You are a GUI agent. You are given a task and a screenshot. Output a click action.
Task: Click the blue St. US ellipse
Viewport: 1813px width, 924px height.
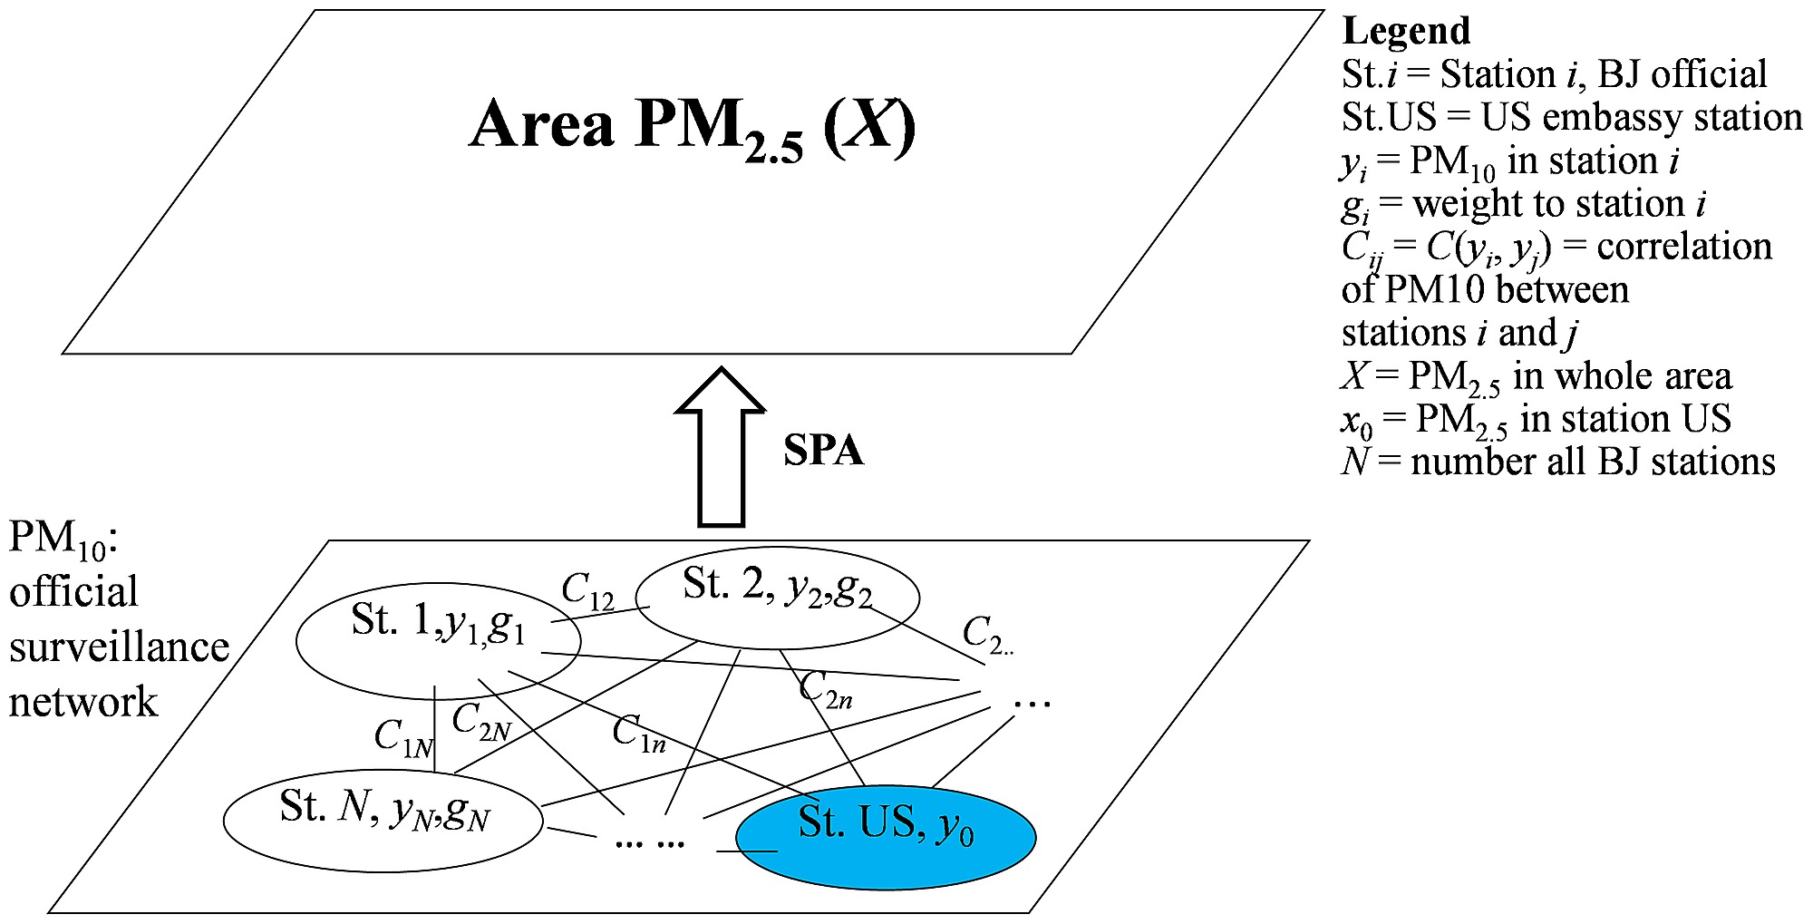pyautogui.click(x=886, y=836)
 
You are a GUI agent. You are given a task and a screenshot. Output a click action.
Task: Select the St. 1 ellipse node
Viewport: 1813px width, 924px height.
pyautogui.click(x=438, y=640)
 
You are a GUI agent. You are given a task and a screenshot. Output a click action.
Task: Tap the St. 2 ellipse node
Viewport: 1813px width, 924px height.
pyautogui.click(x=777, y=598)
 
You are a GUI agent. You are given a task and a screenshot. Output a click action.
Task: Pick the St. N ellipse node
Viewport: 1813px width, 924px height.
pyautogui.click(x=383, y=820)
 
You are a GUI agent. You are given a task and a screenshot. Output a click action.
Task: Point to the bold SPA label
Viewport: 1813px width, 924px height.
pyautogui.click(x=823, y=451)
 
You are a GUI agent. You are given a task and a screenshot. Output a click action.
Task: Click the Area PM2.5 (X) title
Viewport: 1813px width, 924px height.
pyautogui.click(x=693, y=125)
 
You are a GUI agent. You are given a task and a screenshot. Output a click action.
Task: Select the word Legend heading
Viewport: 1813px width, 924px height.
pyautogui.click(x=1406, y=31)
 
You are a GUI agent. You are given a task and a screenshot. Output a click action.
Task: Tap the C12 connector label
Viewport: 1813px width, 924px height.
pyautogui.click(x=587, y=591)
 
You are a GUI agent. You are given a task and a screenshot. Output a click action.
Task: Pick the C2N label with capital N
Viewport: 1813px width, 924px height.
pyautogui.click(x=481, y=723)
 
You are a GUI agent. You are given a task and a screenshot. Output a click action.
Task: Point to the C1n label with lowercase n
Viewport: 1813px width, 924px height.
pyautogui.click(x=638, y=733)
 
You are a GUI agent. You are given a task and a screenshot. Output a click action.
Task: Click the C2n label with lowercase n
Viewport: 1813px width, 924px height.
pyautogui.click(x=825, y=689)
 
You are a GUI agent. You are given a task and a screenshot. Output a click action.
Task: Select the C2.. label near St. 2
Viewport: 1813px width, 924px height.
pyautogui.click(x=986, y=634)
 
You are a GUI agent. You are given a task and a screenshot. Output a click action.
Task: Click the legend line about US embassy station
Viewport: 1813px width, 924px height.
pyautogui.click(x=1571, y=117)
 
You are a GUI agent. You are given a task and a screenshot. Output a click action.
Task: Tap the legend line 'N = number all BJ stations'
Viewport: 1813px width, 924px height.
pyautogui.click(x=1557, y=462)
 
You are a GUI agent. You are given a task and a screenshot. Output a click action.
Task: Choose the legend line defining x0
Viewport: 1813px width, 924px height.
pyautogui.click(x=1536, y=420)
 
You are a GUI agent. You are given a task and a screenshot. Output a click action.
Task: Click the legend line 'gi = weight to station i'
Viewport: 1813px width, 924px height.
pyautogui.click(x=1523, y=205)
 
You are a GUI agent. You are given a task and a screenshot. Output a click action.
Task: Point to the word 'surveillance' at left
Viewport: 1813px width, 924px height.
pyautogui.click(x=119, y=647)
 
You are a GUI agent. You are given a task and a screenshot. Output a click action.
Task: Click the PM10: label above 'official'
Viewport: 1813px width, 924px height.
pyautogui.click(x=63, y=538)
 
